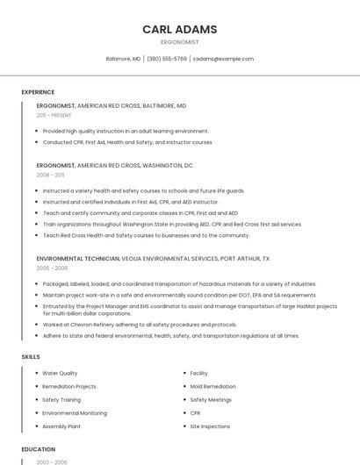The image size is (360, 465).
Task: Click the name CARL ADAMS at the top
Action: [179, 29]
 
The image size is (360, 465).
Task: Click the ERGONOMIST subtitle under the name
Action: [179, 42]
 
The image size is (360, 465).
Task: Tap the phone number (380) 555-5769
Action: [167, 59]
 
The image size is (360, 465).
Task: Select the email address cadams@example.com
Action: [223, 59]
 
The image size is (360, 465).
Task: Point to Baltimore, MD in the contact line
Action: [123, 59]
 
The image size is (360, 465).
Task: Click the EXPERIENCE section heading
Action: [38, 92]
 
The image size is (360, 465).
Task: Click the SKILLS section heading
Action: [31, 357]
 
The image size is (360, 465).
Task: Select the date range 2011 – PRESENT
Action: [54, 115]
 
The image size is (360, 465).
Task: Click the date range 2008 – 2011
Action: [50, 175]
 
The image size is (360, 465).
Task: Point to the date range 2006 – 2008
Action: [51, 268]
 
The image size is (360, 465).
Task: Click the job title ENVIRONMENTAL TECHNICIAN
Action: [78, 259]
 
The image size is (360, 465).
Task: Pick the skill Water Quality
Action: [60, 374]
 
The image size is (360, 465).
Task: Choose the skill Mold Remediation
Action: [212, 387]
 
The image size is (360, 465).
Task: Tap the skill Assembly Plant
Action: [61, 426]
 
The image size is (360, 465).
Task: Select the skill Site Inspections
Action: [210, 426]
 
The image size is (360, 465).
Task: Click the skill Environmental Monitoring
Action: [75, 413]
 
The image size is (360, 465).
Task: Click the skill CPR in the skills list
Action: [195, 413]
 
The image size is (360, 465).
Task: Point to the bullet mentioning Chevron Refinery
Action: [140, 325]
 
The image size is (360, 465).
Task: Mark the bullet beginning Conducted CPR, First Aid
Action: [127, 142]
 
